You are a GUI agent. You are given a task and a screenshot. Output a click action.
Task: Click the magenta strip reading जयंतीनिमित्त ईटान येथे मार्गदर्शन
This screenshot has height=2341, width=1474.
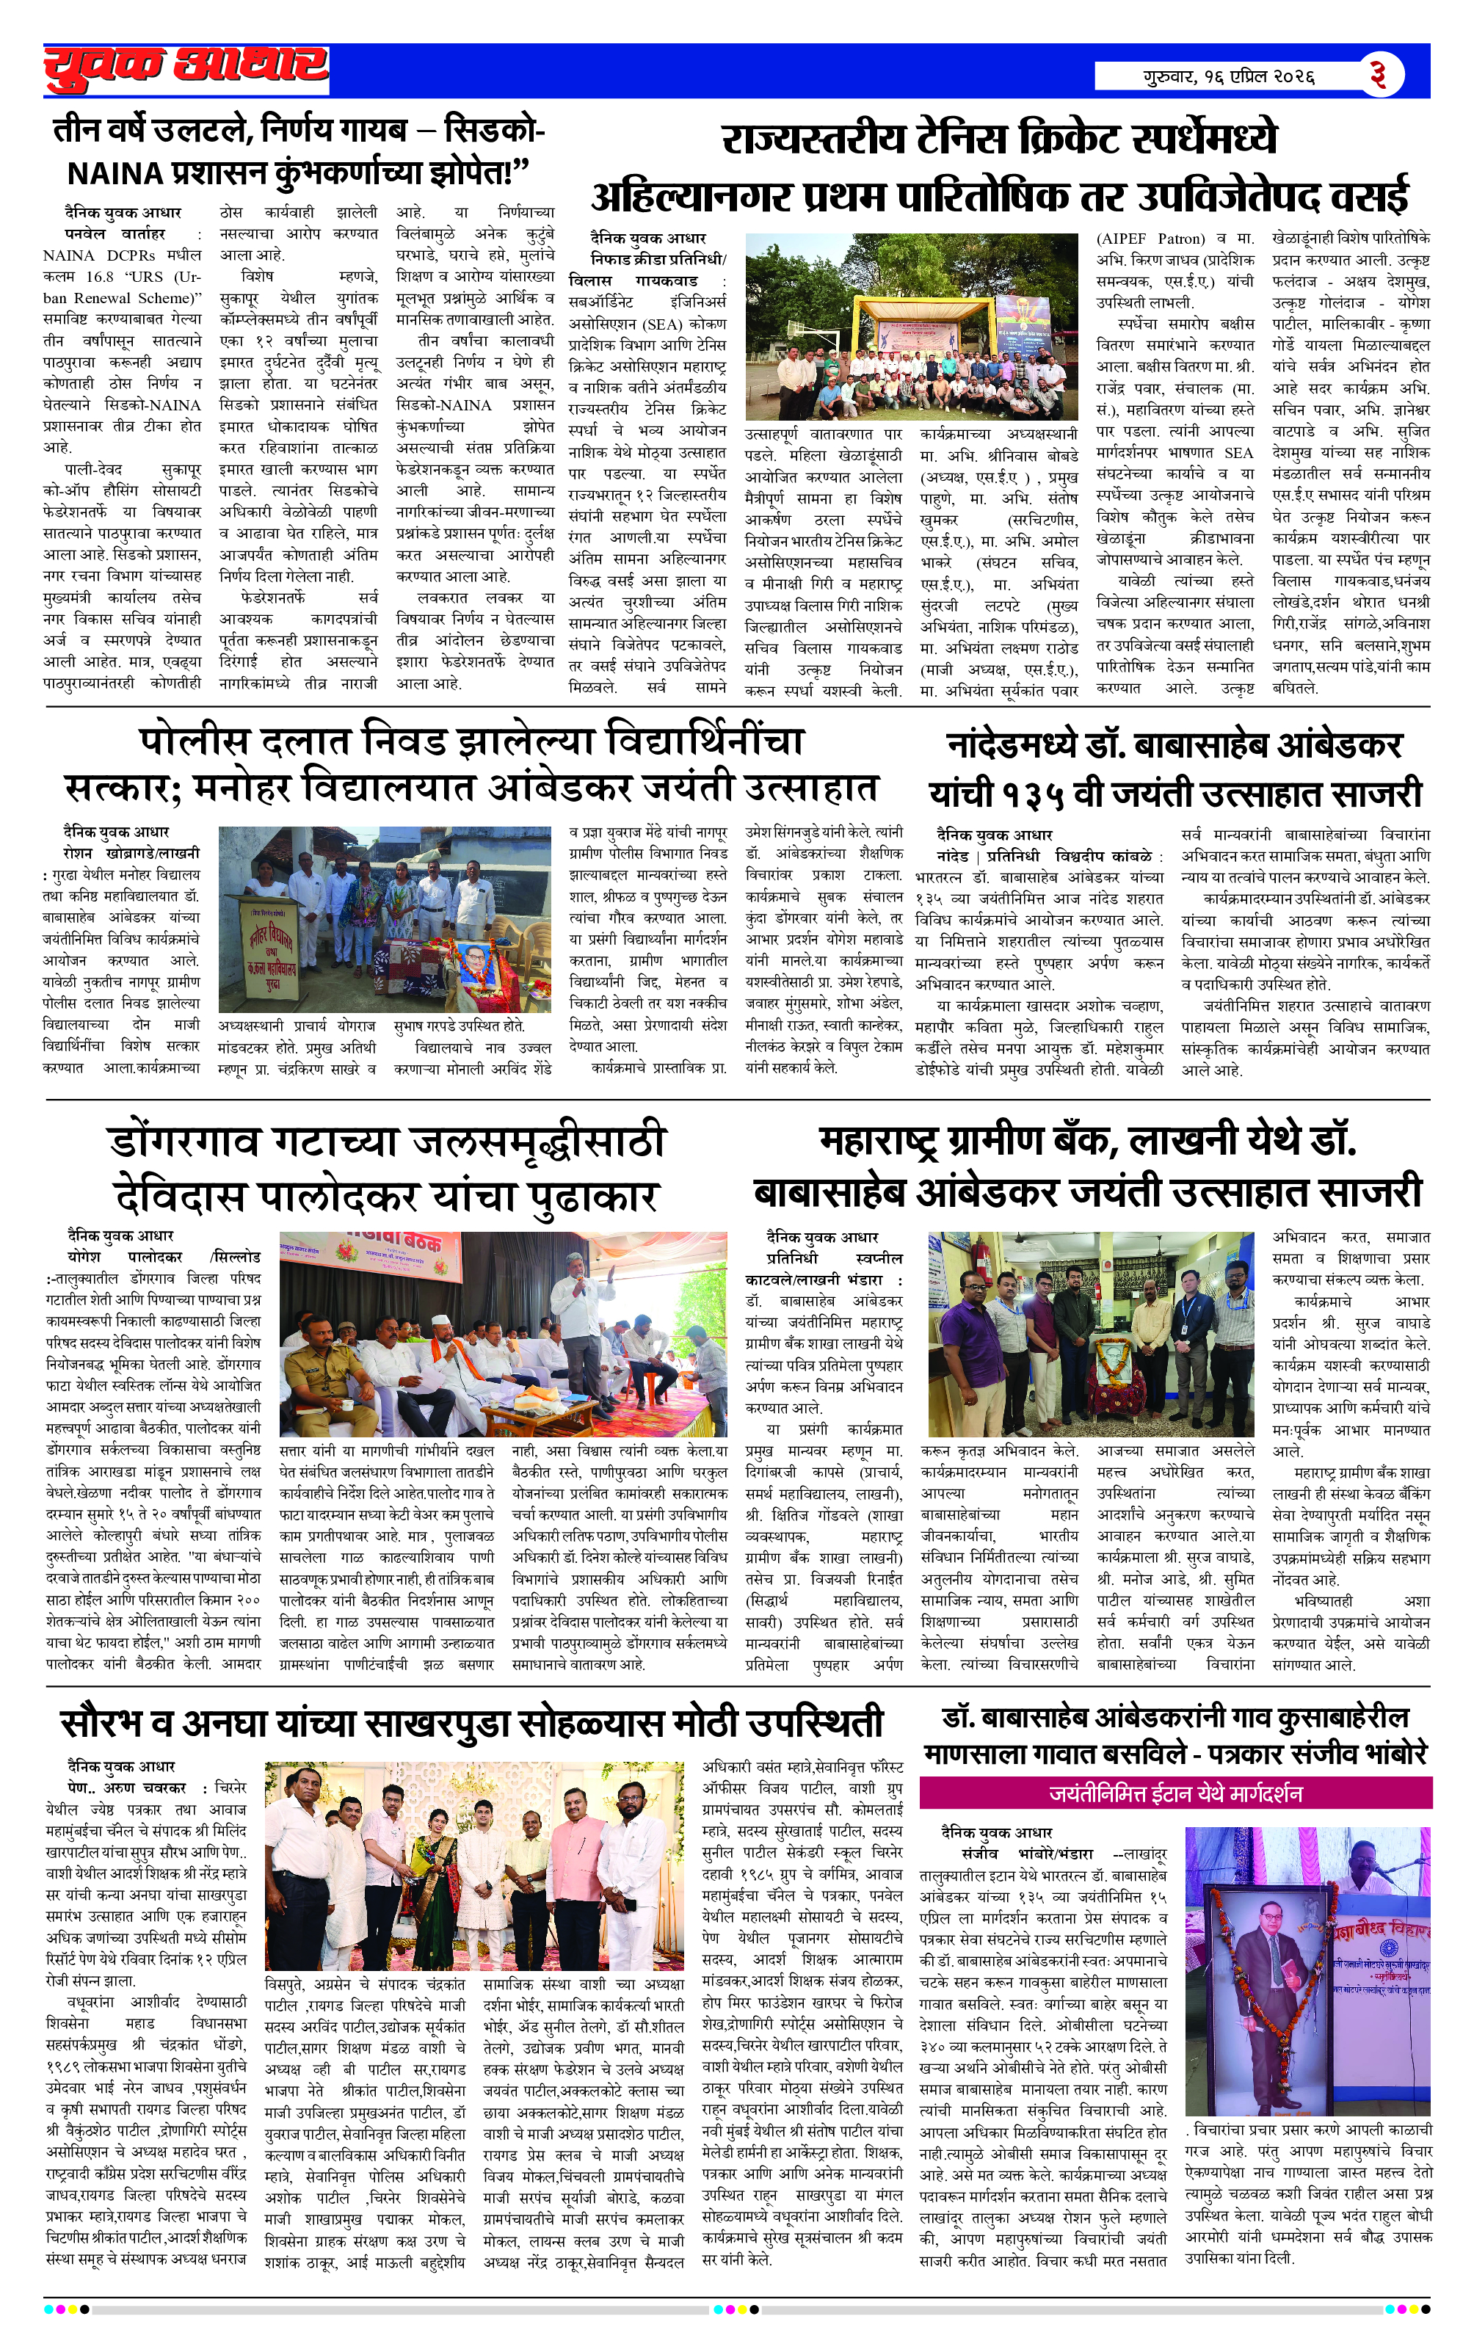pos(1175,1792)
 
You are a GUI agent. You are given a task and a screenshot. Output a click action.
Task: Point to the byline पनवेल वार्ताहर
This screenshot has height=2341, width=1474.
pos(114,233)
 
